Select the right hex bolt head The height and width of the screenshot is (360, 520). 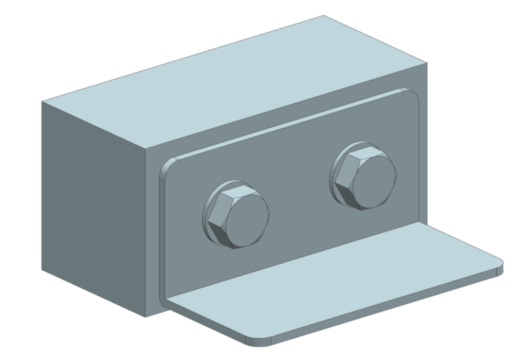364,178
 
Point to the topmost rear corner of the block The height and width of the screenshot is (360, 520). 323,16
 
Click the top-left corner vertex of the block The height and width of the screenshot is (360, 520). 43,102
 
